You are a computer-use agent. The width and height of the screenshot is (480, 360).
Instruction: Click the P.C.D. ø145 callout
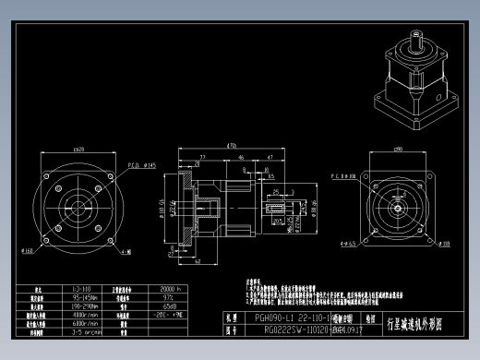[138, 165]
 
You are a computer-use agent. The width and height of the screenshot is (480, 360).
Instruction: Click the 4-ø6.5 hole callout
[345, 244]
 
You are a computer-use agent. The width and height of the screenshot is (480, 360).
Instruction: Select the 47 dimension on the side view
[270, 158]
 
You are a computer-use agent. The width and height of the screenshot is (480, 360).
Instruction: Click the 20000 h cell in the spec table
[171, 288]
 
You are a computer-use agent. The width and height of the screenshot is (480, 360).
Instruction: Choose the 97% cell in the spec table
[170, 298]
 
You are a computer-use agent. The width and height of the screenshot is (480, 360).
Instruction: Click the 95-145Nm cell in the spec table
[87, 298]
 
